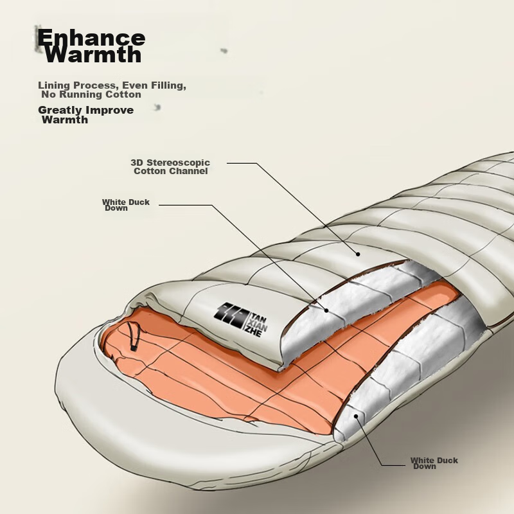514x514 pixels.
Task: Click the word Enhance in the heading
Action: [91, 37]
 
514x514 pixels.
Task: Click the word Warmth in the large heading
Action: [93, 55]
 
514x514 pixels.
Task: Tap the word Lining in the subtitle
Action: [54, 85]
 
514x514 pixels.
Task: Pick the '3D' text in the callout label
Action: [137, 163]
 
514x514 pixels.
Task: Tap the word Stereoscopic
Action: [179, 163]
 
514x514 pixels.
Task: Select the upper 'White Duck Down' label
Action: [125, 205]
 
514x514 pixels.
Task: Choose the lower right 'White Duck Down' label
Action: [434, 463]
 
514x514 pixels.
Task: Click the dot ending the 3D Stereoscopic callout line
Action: [358, 254]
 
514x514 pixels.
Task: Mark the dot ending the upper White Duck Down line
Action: [326, 310]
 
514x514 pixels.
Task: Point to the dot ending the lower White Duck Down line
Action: [356, 416]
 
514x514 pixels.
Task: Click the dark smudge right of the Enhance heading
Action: [224, 51]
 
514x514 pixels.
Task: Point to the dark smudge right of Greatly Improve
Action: [157, 107]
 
